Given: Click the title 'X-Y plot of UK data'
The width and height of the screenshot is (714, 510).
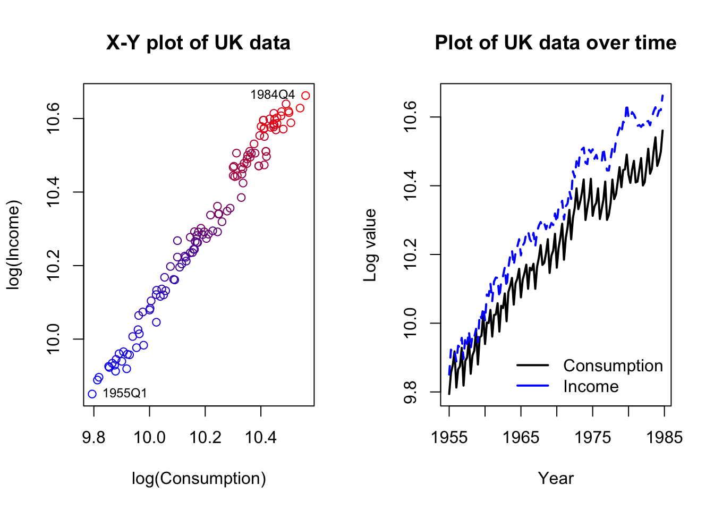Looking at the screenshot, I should click(x=198, y=43).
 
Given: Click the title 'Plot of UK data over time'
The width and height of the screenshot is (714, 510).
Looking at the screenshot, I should click(x=555, y=43).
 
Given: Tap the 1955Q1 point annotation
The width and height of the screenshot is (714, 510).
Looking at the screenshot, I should click(x=124, y=394).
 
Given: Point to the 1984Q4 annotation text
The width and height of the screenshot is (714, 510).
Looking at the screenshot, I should click(x=272, y=95).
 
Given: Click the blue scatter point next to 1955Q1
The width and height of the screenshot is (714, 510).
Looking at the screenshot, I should click(x=92, y=394).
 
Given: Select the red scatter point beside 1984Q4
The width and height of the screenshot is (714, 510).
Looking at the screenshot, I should click(x=305, y=96).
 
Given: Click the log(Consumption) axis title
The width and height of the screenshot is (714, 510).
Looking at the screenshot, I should click(x=199, y=479).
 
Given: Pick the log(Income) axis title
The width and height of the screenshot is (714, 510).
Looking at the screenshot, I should click(x=13, y=245).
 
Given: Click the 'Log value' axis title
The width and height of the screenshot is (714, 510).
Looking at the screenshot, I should click(x=370, y=245).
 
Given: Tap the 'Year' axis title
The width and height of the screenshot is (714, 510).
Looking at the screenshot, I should click(x=556, y=479).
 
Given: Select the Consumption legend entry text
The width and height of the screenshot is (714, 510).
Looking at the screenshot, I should click(x=613, y=365).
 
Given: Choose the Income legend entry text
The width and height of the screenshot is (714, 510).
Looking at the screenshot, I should click(x=591, y=386).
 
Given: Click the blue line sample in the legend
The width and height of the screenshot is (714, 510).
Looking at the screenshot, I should click(x=532, y=386).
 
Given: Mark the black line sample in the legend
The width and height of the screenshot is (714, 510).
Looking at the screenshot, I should click(x=532, y=365).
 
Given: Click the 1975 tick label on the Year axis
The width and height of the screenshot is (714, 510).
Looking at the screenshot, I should click(x=592, y=437).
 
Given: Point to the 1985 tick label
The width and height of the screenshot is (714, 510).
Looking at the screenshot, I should click(x=664, y=437).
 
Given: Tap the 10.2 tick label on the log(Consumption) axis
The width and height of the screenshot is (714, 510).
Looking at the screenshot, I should click(x=205, y=437).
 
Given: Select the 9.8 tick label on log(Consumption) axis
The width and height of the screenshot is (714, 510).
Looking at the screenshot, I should click(x=94, y=437).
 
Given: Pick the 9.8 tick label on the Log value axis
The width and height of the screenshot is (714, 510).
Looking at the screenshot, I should click(x=411, y=392).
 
